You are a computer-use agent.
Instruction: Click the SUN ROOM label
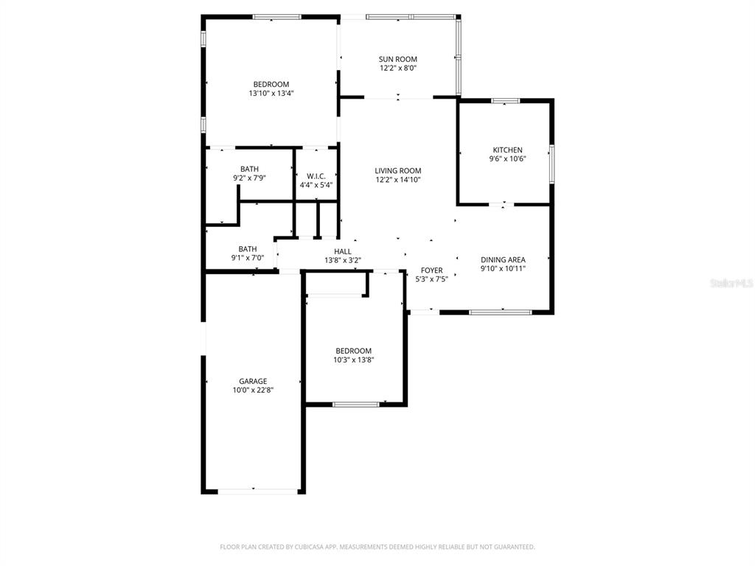[x=398, y=59]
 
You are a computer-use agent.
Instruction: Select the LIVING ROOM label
[x=398, y=170]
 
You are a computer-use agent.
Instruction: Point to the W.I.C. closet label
[x=316, y=175]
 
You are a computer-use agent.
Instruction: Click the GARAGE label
[x=252, y=381]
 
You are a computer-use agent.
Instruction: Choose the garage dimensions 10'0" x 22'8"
[x=252, y=391]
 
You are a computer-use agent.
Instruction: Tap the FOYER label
[x=431, y=270]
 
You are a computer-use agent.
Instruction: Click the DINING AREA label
[x=503, y=259]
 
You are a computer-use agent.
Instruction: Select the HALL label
[x=342, y=251]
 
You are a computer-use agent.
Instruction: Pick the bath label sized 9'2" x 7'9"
[x=249, y=169]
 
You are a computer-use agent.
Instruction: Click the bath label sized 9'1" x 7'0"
[x=247, y=248]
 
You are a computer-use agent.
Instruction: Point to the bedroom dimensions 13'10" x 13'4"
[x=271, y=94]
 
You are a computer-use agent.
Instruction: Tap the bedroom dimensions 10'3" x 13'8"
[x=353, y=360]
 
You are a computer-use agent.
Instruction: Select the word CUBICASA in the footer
[x=293, y=547]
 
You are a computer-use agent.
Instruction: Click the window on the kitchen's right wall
[x=552, y=163]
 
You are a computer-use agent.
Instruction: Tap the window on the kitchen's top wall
[x=506, y=100]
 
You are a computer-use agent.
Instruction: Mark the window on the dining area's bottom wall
[x=501, y=312]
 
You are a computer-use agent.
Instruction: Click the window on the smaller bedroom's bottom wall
[x=356, y=404]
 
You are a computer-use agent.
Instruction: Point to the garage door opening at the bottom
[x=252, y=491]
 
